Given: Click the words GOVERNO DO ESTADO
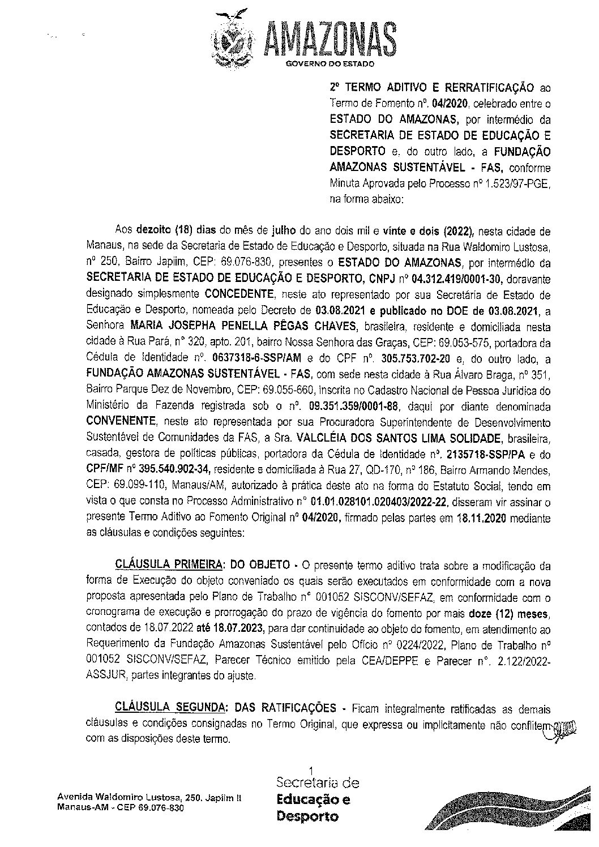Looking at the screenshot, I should [330, 65].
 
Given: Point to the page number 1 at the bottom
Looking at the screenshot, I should [310, 769].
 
